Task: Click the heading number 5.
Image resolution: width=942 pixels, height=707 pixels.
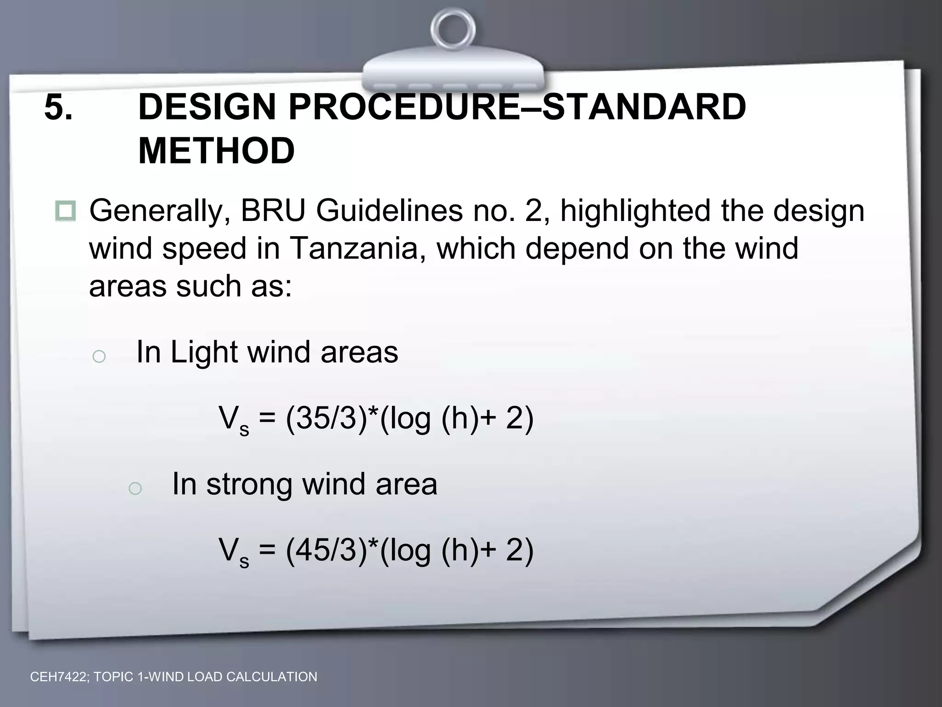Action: point(58,107)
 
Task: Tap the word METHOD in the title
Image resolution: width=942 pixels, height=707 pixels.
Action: point(216,151)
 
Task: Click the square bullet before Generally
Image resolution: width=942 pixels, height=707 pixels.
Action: point(65,211)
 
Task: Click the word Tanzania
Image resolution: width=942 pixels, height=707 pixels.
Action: point(353,249)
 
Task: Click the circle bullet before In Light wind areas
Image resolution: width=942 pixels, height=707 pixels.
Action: point(99,356)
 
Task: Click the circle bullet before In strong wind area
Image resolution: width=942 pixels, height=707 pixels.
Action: point(135,488)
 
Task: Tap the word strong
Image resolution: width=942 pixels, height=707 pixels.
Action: point(249,485)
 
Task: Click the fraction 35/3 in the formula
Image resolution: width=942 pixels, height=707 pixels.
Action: point(326,418)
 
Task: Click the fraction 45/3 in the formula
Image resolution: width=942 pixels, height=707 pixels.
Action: point(326,550)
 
